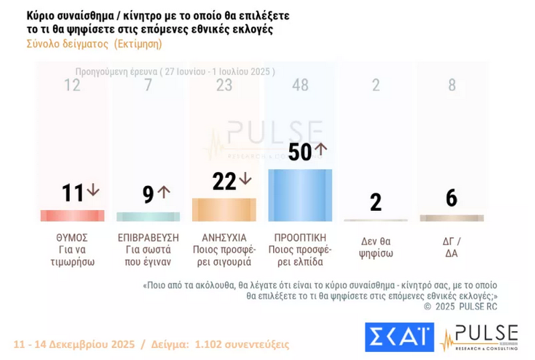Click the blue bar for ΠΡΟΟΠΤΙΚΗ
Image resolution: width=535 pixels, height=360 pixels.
click(x=300, y=195)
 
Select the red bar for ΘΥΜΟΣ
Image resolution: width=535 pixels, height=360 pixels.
click(x=72, y=216)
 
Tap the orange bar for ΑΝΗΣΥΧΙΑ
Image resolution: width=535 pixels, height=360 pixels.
click(x=224, y=209)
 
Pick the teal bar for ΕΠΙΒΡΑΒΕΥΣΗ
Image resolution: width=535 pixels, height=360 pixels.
click(x=148, y=217)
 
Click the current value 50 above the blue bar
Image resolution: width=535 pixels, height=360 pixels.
click(x=300, y=152)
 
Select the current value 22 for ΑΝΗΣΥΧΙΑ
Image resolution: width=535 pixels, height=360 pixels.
click(x=224, y=181)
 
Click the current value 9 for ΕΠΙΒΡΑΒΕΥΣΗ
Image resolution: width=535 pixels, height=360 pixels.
click(x=148, y=194)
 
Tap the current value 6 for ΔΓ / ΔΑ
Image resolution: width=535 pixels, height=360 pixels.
click(x=452, y=197)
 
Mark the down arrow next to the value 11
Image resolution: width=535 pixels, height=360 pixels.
click(x=93, y=191)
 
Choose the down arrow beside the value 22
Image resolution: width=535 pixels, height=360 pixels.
click(x=245, y=179)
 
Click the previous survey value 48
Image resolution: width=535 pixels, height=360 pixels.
click(x=300, y=85)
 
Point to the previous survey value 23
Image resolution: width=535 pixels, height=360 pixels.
click(x=224, y=85)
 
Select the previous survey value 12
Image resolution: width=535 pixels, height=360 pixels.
click(x=72, y=85)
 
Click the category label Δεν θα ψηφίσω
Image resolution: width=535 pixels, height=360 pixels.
click(x=376, y=247)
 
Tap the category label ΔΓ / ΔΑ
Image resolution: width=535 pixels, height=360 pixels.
click(x=452, y=247)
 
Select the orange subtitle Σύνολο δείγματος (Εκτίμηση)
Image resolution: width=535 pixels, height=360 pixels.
click(x=94, y=44)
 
